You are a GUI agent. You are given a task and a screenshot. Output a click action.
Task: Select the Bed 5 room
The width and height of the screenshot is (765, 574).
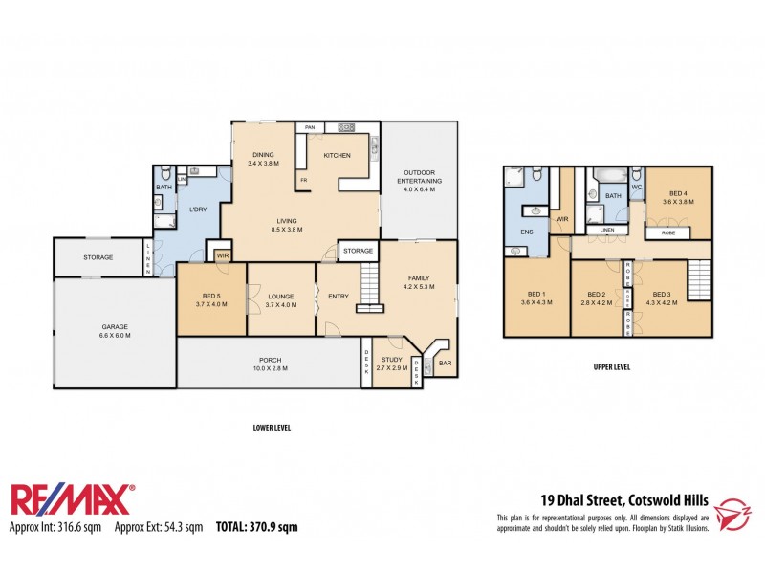coord(210,298)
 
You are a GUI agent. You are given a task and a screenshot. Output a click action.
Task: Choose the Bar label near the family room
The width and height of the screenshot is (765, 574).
coord(445,364)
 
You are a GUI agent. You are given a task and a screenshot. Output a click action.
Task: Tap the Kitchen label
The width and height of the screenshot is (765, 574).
coord(337,155)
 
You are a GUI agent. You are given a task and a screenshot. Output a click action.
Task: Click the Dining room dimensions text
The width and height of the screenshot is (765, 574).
coord(262,164)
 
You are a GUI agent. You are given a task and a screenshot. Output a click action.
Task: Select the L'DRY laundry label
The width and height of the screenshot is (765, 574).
coord(198,210)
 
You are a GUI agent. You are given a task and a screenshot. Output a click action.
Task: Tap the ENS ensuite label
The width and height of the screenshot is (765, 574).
coord(525,231)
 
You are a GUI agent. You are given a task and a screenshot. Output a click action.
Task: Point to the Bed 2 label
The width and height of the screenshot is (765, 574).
coord(597,294)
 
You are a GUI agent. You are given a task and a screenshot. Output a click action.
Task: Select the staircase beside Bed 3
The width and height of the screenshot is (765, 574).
coord(700,281)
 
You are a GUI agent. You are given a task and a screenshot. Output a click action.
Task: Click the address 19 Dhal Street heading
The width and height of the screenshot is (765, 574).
coord(623,499)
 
